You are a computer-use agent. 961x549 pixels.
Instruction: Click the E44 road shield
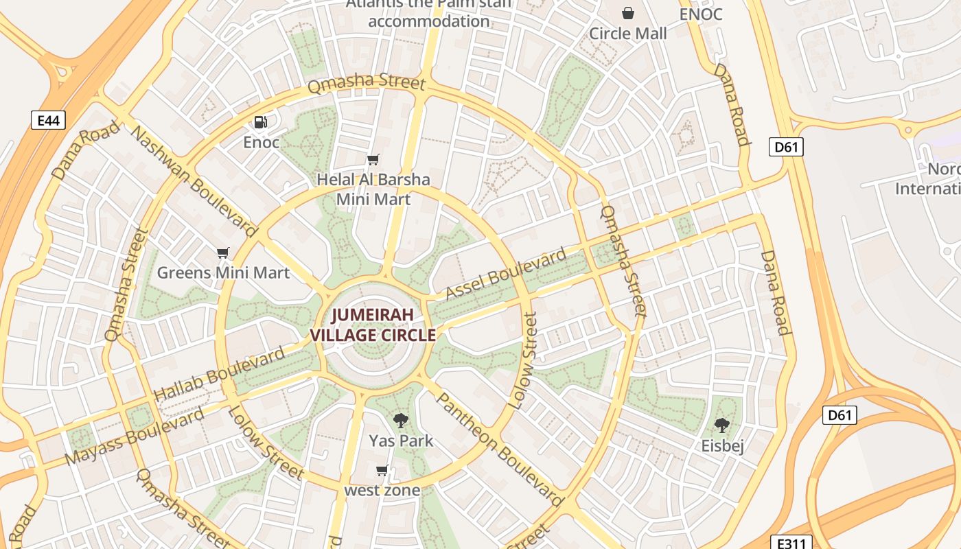[x=48, y=121]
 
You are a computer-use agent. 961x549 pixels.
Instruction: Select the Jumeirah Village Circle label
[x=373, y=325]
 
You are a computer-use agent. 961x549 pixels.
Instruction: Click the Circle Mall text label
[x=627, y=33]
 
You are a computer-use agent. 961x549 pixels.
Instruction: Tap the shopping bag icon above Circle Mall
[x=627, y=13]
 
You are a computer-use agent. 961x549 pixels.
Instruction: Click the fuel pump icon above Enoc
[x=261, y=122]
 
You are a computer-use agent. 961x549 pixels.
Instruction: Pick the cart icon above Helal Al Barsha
[x=373, y=160]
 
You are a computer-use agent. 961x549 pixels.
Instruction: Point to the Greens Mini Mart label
[x=223, y=272]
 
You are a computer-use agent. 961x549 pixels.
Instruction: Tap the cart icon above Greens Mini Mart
[x=222, y=253]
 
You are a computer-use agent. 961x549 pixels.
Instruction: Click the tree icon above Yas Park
[x=401, y=420]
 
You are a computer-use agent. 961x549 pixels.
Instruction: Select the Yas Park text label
[x=401, y=441]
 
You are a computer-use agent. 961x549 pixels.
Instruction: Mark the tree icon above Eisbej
[x=722, y=425]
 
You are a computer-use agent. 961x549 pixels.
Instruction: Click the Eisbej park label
[x=722, y=446]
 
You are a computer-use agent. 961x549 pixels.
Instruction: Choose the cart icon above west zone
[x=382, y=470]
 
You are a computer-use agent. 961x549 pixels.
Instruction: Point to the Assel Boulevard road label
[x=507, y=274]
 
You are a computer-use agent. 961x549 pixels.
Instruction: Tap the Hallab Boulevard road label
[x=219, y=375]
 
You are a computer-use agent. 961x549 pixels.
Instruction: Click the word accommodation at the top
[x=429, y=21]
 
